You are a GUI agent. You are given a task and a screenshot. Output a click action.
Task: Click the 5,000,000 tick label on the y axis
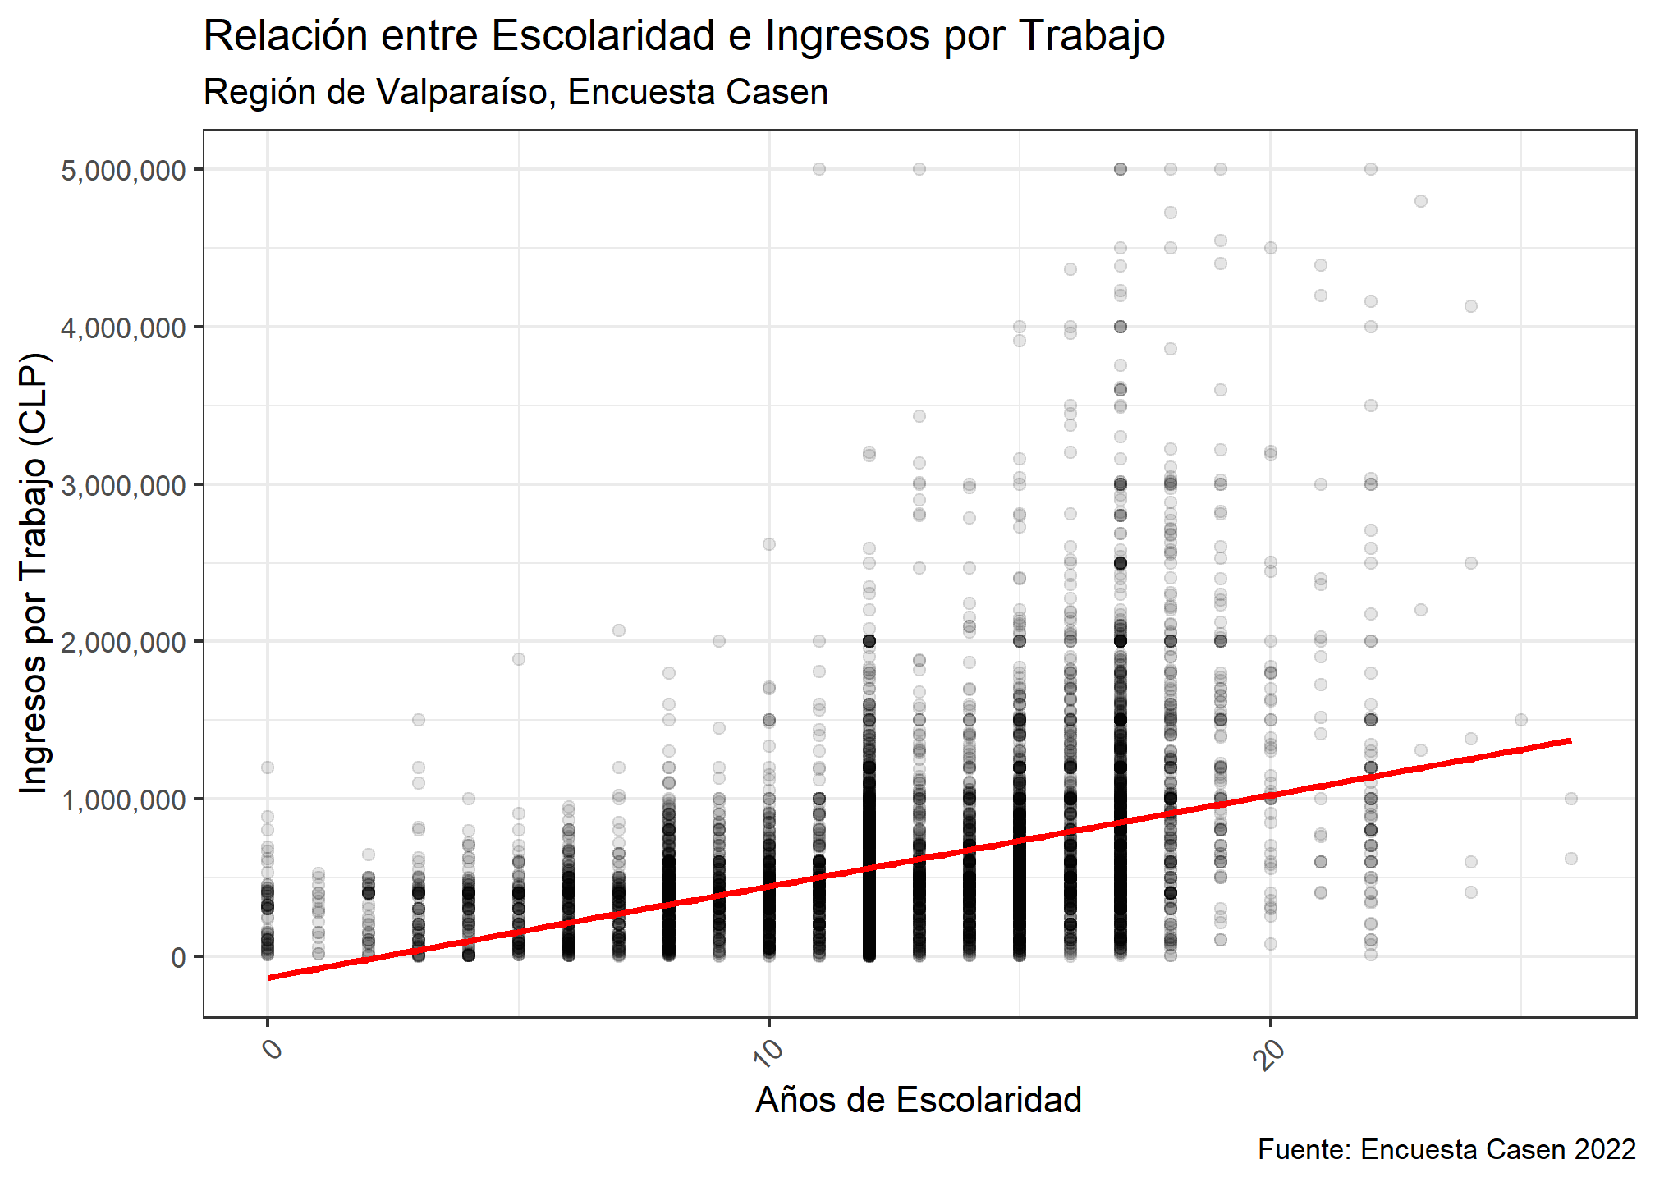click(123, 171)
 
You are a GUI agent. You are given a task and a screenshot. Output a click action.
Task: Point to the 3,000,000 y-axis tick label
click(123, 485)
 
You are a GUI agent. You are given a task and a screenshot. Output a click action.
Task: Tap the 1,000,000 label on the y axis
click(123, 799)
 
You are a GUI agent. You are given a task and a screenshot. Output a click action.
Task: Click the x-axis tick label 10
click(768, 1053)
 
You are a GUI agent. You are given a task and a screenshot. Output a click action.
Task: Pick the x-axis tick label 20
click(1269, 1053)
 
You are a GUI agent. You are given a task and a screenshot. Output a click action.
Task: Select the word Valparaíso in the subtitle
click(463, 92)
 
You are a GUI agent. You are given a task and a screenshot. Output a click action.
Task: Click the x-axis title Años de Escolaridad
click(918, 1100)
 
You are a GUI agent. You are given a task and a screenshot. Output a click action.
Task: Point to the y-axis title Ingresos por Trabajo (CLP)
click(34, 573)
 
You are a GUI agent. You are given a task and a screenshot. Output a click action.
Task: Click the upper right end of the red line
click(1569, 741)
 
